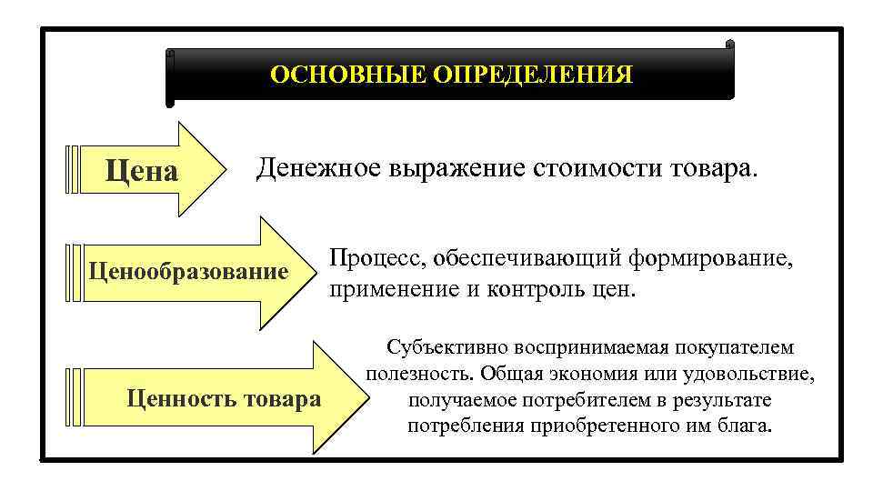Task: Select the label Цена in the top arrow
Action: (142, 170)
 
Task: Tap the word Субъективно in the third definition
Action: (446, 347)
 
